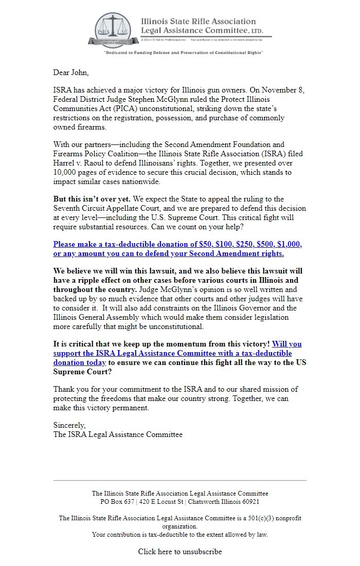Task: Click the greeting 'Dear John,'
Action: (x=70, y=72)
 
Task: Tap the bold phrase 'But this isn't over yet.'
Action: (x=92, y=199)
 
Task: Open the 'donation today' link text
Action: (x=80, y=362)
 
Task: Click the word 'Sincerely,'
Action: (x=70, y=425)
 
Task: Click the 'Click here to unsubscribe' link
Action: (x=180, y=552)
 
